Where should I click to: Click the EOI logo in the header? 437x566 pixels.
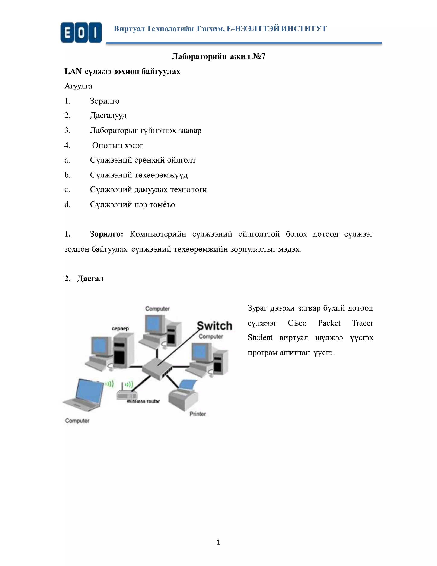pos(81,33)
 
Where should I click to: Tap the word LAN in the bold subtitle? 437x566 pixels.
pos(73,71)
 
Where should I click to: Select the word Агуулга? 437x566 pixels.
pos(78,86)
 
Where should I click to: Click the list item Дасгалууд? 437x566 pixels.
pos(108,115)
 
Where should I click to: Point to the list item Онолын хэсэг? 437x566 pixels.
pos(118,145)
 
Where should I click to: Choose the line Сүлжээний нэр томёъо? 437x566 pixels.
pos(132,204)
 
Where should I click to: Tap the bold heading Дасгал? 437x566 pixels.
pos(90,279)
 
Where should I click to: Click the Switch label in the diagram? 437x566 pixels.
pos(214,326)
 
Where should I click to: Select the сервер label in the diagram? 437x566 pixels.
pos(120,329)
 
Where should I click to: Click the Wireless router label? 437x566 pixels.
pos(143,402)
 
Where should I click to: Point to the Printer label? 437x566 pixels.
pos(198,414)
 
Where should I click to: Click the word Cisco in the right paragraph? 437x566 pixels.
pos(297,323)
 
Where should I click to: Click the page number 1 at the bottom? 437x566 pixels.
pos(218,542)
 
